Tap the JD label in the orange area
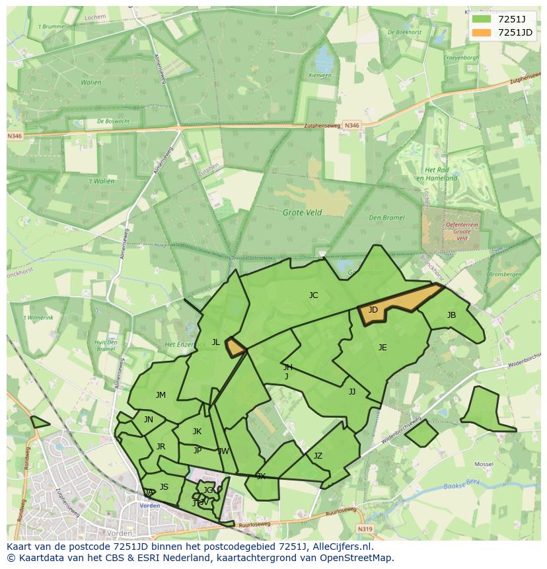pyautogui.click(x=373, y=310)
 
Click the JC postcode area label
pyautogui.click(x=313, y=295)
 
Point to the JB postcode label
pyautogui.click(x=451, y=315)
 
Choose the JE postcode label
pyautogui.click(x=383, y=348)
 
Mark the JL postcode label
pyautogui.click(x=215, y=342)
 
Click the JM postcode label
pyautogui.click(x=161, y=395)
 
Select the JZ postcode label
pyautogui.click(x=318, y=456)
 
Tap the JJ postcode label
pyautogui.click(x=352, y=392)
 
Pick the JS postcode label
pyautogui.click(x=164, y=487)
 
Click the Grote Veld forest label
pyautogui.click(x=302, y=213)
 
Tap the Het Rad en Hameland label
pyautogui.click(x=441, y=174)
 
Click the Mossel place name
pyautogui.click(x=484, y=465)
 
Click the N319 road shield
pyautogui.click(x=365, y=529)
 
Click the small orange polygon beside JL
pyautogui.click(x=235, y=347)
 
